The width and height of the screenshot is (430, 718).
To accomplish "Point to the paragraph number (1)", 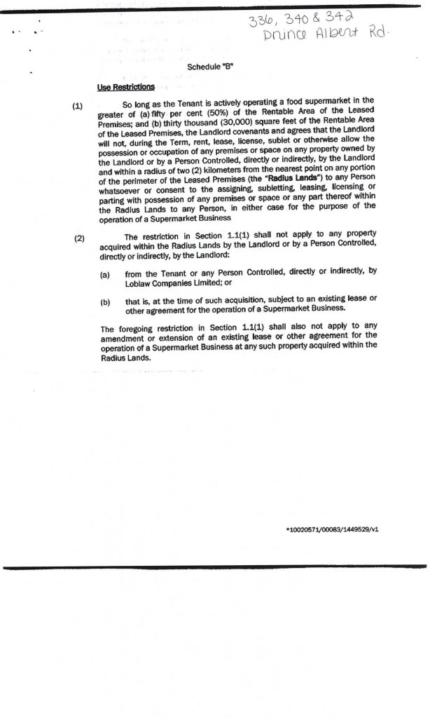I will click(x=78, y=106).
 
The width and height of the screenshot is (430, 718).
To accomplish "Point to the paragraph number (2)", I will click(x=79, y=238).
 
